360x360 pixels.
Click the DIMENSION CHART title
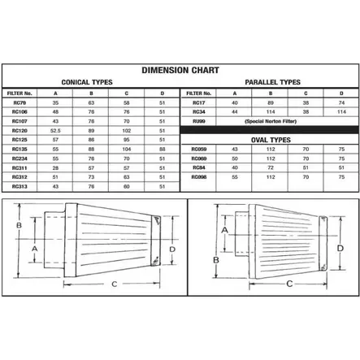180,71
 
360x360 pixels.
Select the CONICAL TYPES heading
87,83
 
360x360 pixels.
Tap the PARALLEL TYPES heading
271,83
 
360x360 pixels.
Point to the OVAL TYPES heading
271,141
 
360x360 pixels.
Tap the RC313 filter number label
20,186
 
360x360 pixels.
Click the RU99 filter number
197,120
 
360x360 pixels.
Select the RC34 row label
197,112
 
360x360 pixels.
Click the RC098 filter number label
197,175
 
